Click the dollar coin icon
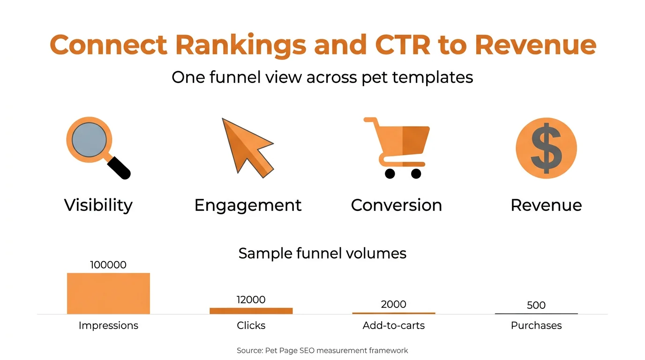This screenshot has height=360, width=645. click(546, 148)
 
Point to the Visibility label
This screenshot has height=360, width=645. click(98, 205)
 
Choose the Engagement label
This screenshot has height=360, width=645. click(247, 205)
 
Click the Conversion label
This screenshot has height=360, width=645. click(396, 205)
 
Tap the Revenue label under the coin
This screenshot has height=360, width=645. click(546, 205)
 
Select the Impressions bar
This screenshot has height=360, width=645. click(108, 293)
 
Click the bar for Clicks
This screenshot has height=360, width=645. click(251, 311)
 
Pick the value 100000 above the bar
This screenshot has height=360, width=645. click(108, 265)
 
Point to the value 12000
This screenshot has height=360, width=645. click(251, 300)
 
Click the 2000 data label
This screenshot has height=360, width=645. click(393, 304)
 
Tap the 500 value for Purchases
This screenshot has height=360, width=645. click(536, 305)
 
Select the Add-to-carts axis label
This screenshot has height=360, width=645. click(393, 325)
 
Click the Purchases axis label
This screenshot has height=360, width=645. click(536, 325)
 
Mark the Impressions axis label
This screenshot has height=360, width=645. click(108, 325)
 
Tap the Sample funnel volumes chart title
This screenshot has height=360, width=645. click(322, 253)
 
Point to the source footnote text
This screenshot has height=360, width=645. click(322, 350)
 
